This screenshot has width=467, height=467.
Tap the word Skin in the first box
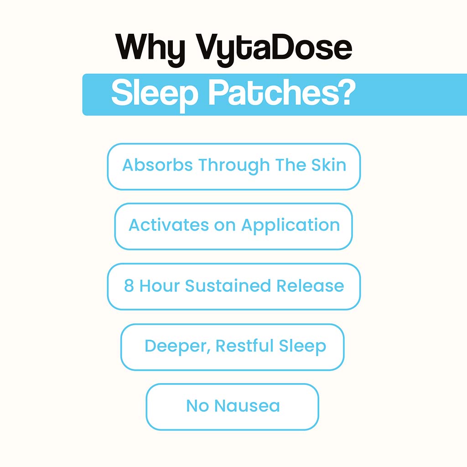coord(329,165)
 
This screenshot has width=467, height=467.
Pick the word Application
coord(291,226)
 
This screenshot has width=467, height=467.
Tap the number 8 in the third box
coord(129,286)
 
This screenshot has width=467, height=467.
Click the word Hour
coord(160,286)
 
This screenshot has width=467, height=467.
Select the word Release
coord(310,286)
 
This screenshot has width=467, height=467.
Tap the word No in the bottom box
coord(197,406)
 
